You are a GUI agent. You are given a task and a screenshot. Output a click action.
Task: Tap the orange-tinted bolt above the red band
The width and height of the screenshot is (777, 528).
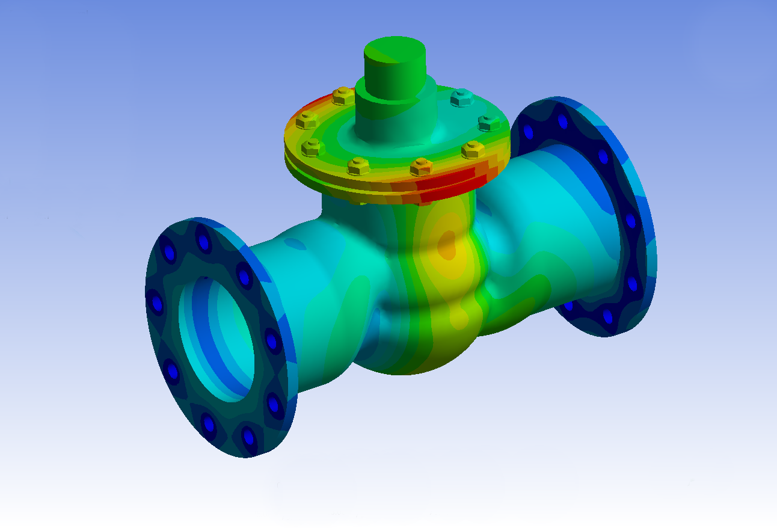421,166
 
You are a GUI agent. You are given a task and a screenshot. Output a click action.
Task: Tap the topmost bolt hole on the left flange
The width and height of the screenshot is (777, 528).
204,243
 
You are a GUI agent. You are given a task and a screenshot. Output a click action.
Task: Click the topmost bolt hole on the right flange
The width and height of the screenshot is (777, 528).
562,122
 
